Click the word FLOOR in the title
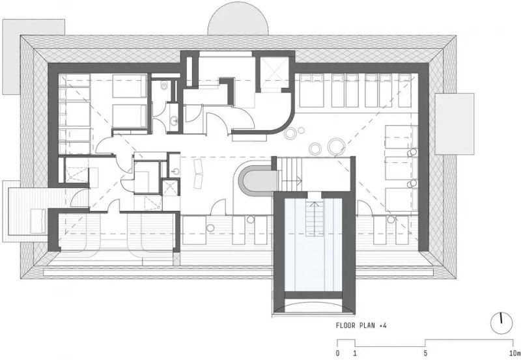346,325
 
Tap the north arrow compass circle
501,323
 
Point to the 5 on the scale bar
425,353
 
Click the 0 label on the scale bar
337,353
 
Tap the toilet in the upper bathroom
164,86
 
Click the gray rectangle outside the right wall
454,124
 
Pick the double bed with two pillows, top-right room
311,90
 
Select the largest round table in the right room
336,146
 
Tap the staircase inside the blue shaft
314,217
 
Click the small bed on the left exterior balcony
38,221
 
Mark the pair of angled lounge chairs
198,173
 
